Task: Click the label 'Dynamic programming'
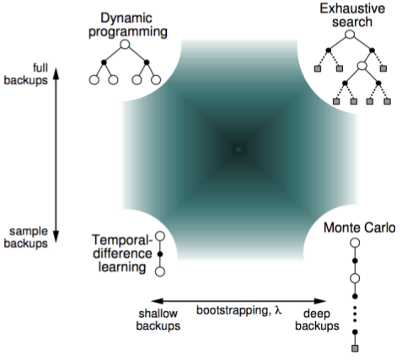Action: click(128, 25)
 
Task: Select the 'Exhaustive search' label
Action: click(352, 15)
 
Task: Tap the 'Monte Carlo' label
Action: click(359, 228)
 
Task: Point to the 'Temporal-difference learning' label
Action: click(122, 254)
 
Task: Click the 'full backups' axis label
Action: click(26, 74)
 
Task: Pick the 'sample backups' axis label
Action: click(26, 238)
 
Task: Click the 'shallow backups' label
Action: click(158, 320)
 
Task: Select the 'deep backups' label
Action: click(317, 320)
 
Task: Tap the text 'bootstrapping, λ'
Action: click(239, 311)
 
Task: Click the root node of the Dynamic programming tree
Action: click(125, 45)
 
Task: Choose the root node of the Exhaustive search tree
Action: click(350, 35)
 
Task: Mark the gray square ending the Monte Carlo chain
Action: click(355, 348)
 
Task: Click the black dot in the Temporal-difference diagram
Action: click(160, 254)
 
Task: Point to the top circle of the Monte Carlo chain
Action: click(356, 243)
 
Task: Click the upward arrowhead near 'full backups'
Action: click(56, 73)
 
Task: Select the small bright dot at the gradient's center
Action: click(239, 149)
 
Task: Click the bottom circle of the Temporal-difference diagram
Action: click(160, 271)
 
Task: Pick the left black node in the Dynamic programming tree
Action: click(104, 62)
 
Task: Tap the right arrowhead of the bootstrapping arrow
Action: click(320, 301)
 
